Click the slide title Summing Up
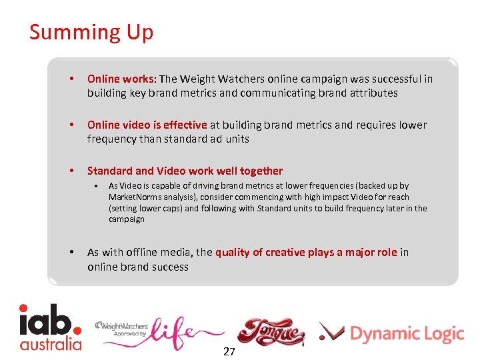point(91,33)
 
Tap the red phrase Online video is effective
point(147,125)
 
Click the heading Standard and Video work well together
point(185,171)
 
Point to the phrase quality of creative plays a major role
point(306,252)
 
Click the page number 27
point(229,351)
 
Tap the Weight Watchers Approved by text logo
point(121,329)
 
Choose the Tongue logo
point(271,331)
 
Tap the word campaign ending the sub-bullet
point(127,219)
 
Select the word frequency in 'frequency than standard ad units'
point(111,139)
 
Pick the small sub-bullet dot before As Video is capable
point(97,186)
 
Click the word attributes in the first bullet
point(373,93)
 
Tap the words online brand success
point(138,267)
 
